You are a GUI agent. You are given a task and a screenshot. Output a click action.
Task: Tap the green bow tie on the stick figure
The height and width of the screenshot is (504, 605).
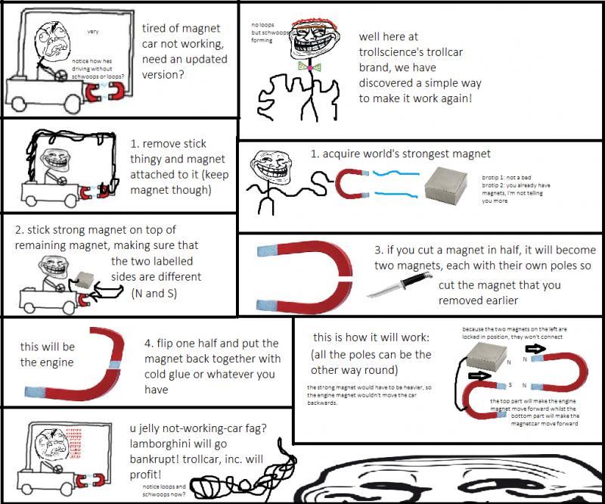307,67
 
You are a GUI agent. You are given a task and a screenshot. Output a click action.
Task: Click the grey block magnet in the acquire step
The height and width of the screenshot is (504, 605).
451,184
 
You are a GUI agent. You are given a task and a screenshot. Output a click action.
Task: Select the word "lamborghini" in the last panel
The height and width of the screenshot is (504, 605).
164,444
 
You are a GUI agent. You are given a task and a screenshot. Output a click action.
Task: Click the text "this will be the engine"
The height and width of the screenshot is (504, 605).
48,354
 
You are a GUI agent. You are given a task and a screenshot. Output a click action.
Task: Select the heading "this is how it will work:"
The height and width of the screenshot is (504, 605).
372,338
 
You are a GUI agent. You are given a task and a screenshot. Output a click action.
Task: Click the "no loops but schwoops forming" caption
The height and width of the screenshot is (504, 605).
269,33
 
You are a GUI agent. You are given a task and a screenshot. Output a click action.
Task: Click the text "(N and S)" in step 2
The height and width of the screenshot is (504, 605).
154,293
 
